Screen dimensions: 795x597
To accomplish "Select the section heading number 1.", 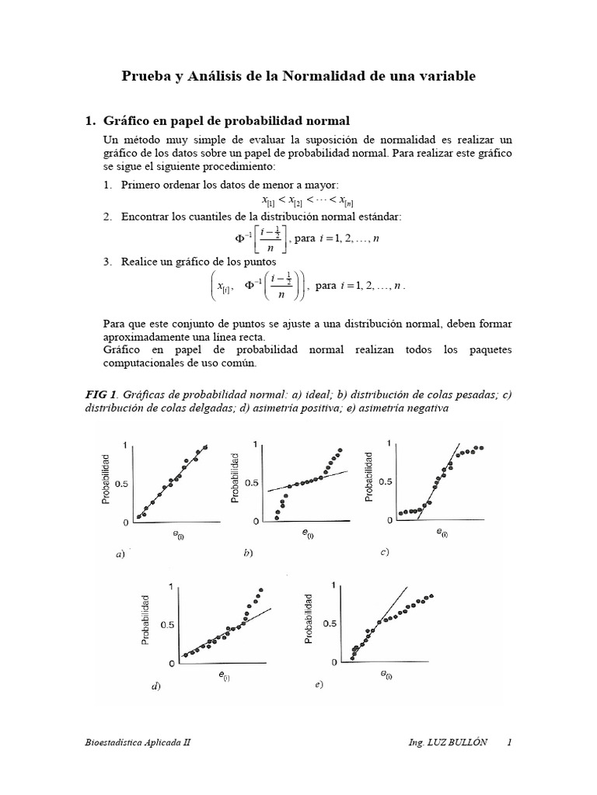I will tap(89, 121).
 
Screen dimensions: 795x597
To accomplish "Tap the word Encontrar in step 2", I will tap(148, 216).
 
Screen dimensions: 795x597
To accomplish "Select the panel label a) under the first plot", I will tap(120, 555).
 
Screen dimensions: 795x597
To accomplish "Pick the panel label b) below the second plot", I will tap(247, 554).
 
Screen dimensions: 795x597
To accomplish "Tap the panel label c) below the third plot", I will tap(384, 552).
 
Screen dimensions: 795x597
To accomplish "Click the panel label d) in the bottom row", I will tap(156, 689).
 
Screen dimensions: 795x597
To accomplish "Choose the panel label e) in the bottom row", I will tap(319, 686).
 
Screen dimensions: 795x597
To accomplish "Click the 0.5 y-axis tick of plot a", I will tap(120, 483).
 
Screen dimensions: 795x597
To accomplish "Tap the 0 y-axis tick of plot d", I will tap(172, 664).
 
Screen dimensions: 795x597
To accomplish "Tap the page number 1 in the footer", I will tap(509, 742).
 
